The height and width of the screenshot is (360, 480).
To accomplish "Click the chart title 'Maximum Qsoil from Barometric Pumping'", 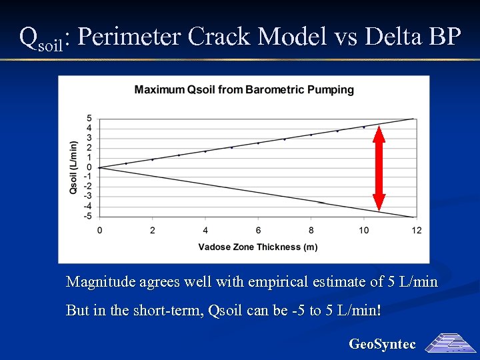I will point(244,89).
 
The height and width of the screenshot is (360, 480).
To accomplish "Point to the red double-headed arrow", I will point(379,168).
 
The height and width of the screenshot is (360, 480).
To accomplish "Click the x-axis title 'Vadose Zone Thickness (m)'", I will point(257,247).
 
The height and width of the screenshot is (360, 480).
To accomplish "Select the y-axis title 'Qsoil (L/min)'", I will point(73,167).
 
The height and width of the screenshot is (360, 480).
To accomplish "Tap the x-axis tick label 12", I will point(416,230).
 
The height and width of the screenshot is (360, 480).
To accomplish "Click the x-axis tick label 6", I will point(258,230).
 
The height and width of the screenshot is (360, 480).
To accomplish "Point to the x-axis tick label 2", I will point(152,230).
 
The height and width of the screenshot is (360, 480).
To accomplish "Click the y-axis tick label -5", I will point(88,216).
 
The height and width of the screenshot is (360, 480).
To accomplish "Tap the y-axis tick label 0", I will point(89,167).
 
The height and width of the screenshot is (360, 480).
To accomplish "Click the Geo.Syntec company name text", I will point(382,344).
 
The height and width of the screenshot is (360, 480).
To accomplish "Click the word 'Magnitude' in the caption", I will point(101,282).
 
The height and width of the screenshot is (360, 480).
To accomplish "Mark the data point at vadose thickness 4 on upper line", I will point(205,151).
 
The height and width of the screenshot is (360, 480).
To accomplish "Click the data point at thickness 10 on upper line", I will point(363,127).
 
